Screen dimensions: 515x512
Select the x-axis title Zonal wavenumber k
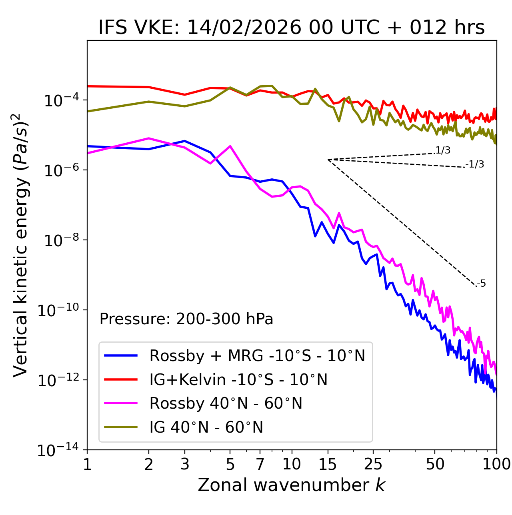(x=292, y=485)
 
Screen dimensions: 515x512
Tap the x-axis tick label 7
(x=260, y=464)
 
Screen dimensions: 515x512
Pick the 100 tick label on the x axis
(x=496, y=464)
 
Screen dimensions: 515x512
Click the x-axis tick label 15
(x=328, y=464)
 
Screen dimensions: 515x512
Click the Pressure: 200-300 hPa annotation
(x=186, y=319)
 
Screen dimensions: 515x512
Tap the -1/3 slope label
(x=475, y=164)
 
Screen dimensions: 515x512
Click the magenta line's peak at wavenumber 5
(x=230, y=146)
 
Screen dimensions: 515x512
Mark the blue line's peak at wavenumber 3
(x=185, y=141)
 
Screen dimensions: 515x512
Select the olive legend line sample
(x=121, y=427)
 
